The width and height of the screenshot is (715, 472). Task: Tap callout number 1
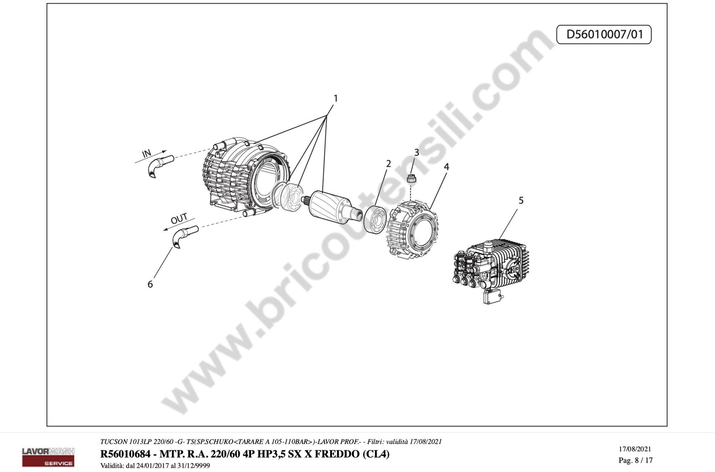tap(335, 99)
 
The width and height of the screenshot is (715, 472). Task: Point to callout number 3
tap(417, 153)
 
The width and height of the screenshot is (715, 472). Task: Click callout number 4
tap(446, 167)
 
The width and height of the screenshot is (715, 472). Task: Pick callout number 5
tap(521, 200)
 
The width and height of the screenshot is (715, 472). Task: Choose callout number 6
tap(150, 284)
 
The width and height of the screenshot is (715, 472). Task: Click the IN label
tap(147, 154)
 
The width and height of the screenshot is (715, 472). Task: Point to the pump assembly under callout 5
tap(491, 269)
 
